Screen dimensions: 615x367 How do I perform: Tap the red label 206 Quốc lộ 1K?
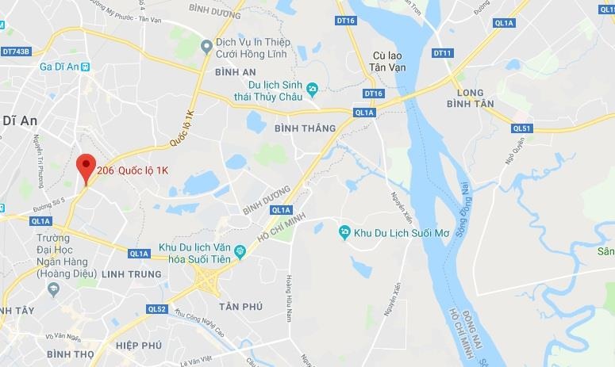tap(133, 170)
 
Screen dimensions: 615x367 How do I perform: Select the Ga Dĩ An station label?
tap(60, 67)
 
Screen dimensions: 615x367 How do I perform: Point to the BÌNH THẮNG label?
tap(302, 128)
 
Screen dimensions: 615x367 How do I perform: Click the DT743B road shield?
tap(15, 52)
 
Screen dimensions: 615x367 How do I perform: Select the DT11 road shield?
tap(442, 53)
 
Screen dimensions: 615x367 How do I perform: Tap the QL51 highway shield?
tap(521, 128)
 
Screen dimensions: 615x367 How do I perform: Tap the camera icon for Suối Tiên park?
tap(241, 252)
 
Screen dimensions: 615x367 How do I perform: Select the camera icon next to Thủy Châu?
tap(313, 86)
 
